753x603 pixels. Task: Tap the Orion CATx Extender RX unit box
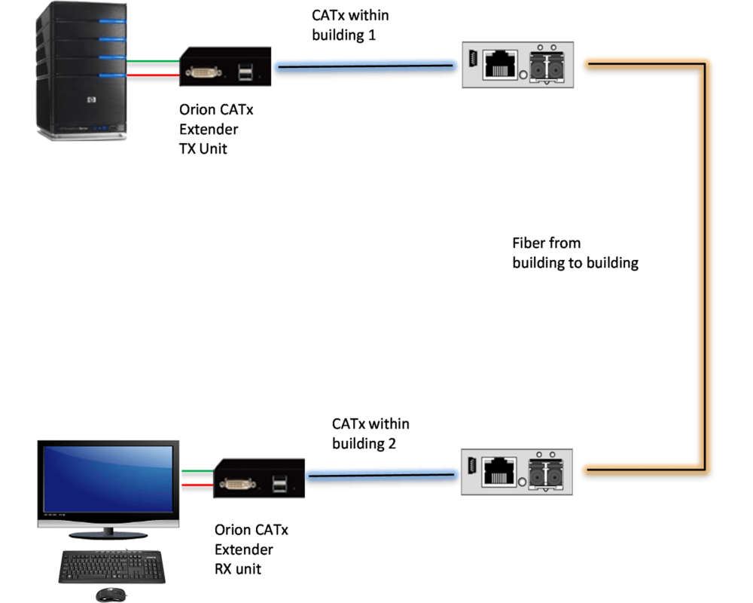260,478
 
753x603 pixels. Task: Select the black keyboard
112,566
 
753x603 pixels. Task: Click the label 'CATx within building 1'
350,25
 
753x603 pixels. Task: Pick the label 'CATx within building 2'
370,434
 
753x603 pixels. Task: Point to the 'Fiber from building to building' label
575,253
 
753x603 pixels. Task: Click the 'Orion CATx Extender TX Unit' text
216,130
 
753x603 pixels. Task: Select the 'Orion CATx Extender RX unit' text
251,549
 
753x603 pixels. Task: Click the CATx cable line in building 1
365,66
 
